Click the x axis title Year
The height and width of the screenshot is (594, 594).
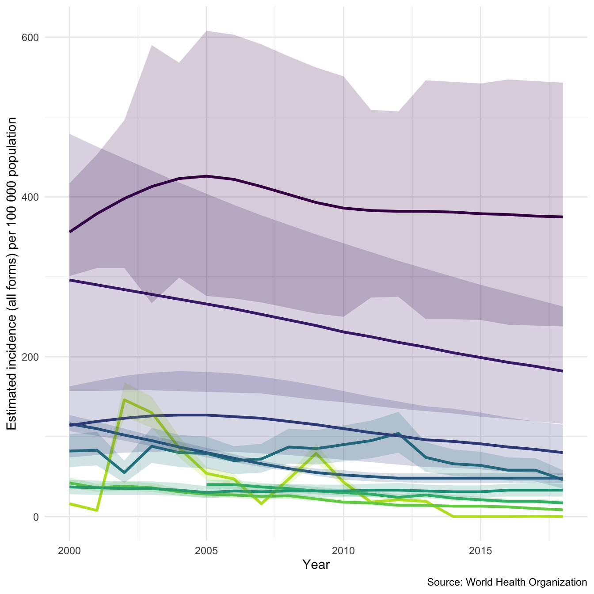[x=316, y=564]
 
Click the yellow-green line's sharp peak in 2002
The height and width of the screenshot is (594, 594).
[x=125, y=400]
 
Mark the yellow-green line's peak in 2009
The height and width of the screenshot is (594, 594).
[x=316, y=453]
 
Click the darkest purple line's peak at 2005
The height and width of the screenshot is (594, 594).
[x=206, y=176]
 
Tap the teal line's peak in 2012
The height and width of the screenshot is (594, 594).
[x=398, y=434]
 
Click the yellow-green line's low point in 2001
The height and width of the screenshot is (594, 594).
[x=97, y=510]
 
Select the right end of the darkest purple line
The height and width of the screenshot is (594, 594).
[x=562, y=217]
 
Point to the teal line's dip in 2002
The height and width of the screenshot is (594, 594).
[x=125, y=473]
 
